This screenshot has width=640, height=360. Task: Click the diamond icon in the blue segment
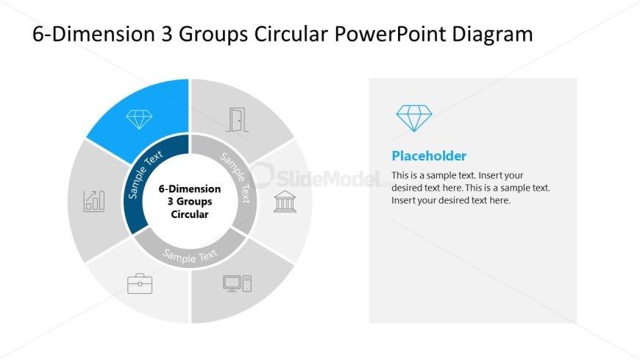[x=139, y=119]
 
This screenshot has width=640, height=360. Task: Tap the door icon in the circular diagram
[x=237, y=120]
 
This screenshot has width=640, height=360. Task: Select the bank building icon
[x=284, y=201]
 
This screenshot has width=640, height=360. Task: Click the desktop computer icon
[x=237, y=283]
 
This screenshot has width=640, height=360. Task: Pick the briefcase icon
[x=140, y=283]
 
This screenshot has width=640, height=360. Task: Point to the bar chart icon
[x=94, y=200]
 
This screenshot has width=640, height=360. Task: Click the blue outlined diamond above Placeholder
[x=414, y=118]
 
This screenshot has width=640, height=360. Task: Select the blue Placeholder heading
[x=429, y=156]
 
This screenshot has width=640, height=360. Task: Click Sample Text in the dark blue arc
[x=146, y=175]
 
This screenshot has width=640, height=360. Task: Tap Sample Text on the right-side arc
[x=236, y=177]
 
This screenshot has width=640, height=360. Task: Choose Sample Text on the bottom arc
[x=191, y=256]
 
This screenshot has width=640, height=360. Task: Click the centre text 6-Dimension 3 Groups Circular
[x=190, y=202]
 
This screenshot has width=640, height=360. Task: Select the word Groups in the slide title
[x=207, y=34]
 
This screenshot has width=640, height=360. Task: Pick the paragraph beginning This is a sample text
[x=471, y=188]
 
